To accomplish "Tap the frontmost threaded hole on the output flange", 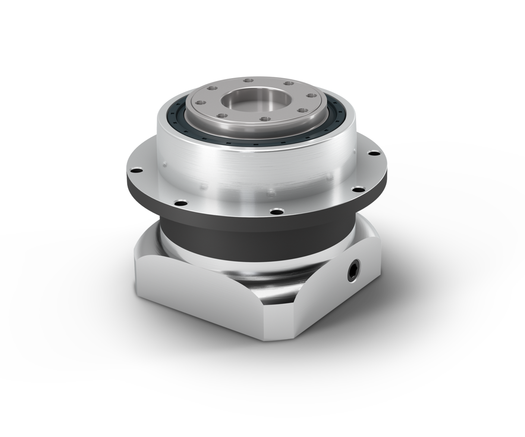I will pos(264,119).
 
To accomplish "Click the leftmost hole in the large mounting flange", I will pos(136,170).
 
